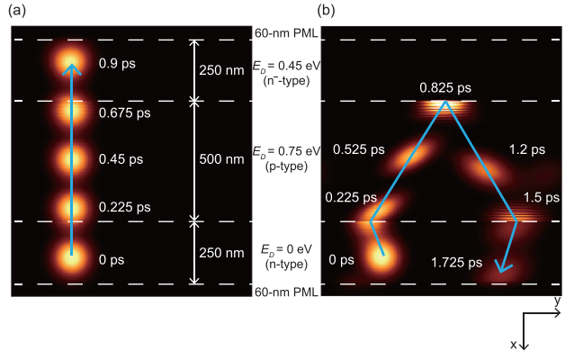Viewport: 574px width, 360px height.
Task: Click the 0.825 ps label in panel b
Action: (444, 89)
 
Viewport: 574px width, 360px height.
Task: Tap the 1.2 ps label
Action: (524, 149)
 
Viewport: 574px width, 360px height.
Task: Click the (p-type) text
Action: (287, 166)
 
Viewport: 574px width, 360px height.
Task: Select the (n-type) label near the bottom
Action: (286, 263)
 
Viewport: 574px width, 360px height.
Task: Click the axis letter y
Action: (558, 299)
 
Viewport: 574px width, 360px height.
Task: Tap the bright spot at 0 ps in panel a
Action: (71, 255)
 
